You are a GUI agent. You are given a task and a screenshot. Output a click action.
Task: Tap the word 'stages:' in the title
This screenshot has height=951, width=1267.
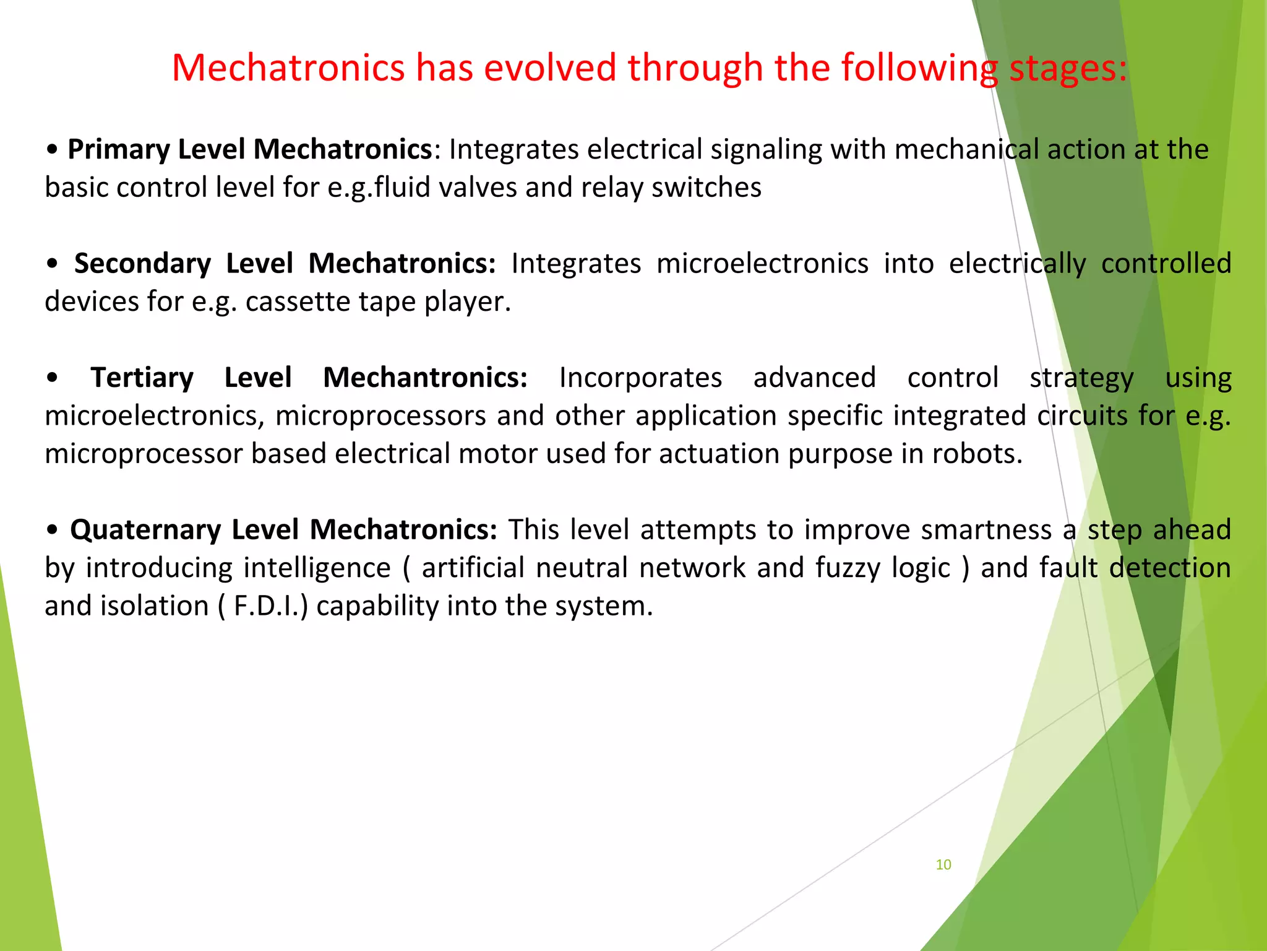point(1068,68)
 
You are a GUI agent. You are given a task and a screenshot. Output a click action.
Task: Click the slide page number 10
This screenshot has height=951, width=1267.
point(943,864)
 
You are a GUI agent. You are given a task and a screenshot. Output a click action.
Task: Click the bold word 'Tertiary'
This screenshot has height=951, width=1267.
point(142,378)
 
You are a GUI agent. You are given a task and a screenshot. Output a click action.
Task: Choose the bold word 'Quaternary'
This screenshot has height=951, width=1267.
point(145,530)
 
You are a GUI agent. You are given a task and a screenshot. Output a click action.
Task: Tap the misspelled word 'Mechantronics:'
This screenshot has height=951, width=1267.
point(425,378)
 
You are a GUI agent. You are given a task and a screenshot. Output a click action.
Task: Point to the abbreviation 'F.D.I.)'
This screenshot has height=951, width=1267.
point(270,606)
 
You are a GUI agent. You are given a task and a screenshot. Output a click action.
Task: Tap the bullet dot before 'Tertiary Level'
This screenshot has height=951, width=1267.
point(53,378)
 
